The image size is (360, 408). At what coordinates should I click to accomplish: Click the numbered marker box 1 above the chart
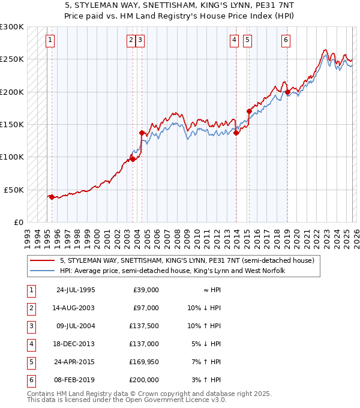click(50, 40)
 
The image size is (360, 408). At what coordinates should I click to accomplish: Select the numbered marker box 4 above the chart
click(234, 40)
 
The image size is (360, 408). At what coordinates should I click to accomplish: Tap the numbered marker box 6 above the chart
click(286, 40)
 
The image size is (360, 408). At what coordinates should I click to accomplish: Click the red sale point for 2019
click(287, 92)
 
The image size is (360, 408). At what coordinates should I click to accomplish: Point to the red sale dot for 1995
click(52, 197)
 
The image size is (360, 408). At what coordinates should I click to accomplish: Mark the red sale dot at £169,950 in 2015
click(249, 111)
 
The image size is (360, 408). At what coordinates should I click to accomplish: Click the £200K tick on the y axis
click(12, 92)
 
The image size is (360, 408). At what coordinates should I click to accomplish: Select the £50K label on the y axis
click(14, 190)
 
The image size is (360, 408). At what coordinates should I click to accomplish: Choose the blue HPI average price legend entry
click(172, 271)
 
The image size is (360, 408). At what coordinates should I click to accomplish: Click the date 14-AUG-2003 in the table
click(76, 308)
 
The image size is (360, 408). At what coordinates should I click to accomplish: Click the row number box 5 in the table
click(31, 362)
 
